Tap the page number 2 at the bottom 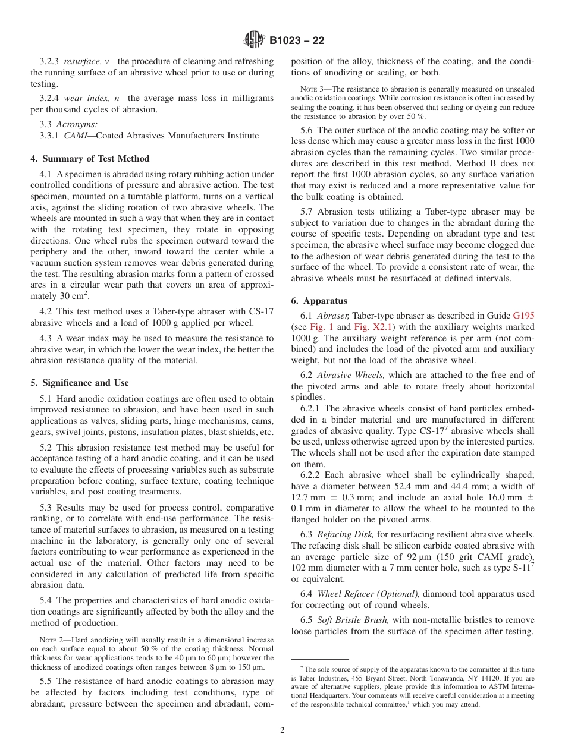pyautogui.click(x=282, y=730)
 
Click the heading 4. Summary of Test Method pyautogui.click(x=90, y=159)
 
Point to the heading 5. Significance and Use pyautogui.click(x=80, y=383)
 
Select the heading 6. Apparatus pyautogui.click(x=319, y=301)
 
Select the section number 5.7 pyautogui.click(x=308, y=212)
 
